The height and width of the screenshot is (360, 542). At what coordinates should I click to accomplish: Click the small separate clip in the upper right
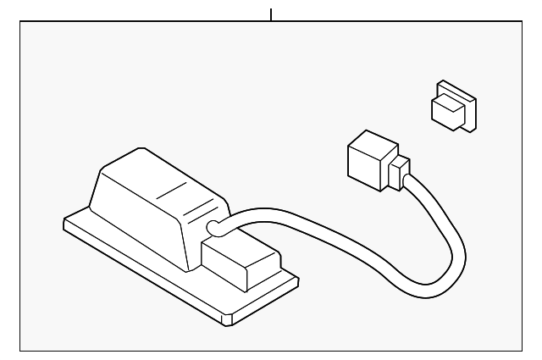pos(454,108)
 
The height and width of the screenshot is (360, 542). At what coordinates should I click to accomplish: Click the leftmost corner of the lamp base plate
pos(65,224)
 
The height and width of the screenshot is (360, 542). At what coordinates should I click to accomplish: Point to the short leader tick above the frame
pos(271,14)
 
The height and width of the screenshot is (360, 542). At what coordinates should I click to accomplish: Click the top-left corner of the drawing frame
pos(20,22)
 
